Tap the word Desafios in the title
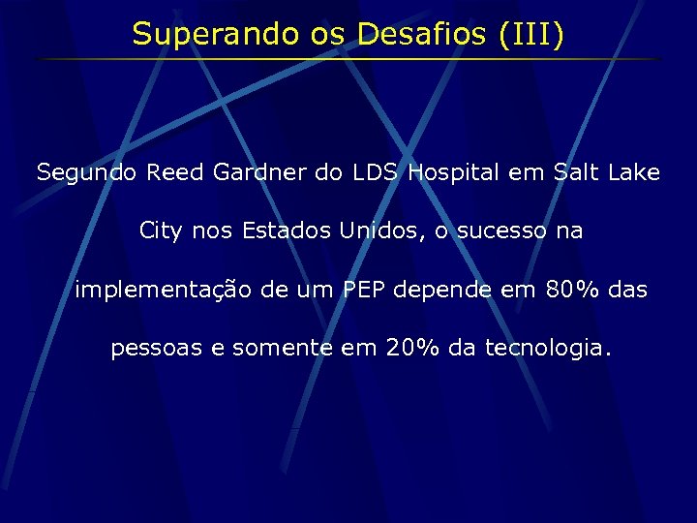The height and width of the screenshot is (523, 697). (424, 35)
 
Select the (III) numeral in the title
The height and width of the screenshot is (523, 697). (531, 35)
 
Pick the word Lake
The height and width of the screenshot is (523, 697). (634, 173)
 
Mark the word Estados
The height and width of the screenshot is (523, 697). (288, 231)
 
